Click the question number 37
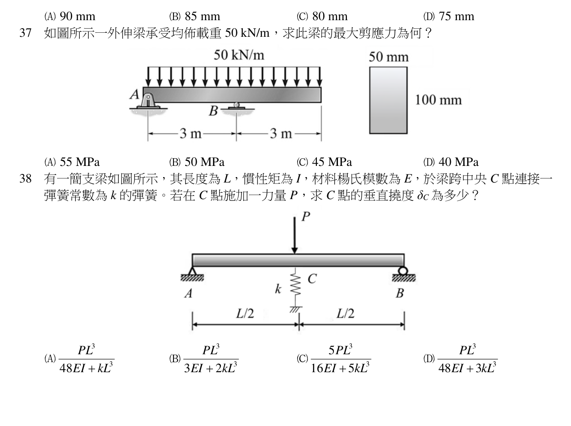[x=25, y=33]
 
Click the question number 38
[x=25, y=179]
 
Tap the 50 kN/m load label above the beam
[x=239, y=55]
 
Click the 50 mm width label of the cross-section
[x=389, y=57]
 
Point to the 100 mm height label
[x=438, y=100]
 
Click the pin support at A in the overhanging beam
[x=148, y=102]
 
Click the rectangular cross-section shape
[x=389, y=100]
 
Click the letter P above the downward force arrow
[x=306, y=217]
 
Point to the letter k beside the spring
[x=278, y=289]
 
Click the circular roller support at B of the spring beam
[x=403, y=271]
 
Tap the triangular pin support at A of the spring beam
[x=192, y=272]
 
